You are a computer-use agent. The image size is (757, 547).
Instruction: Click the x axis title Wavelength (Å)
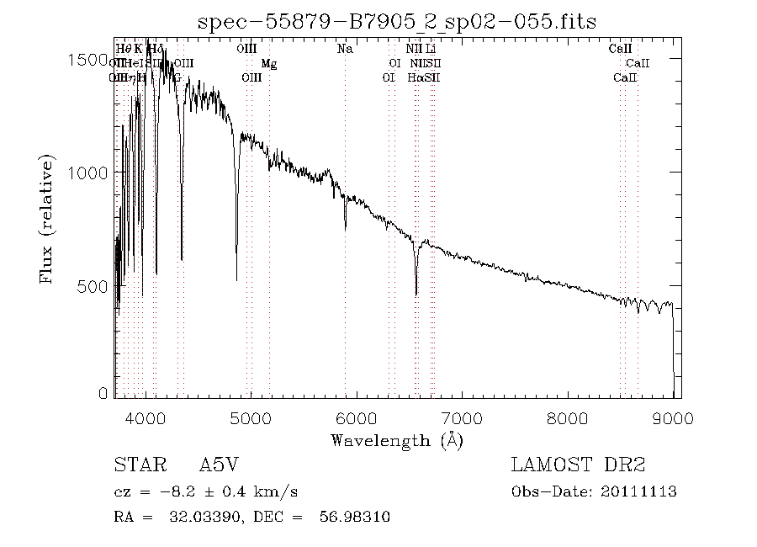(397, 439)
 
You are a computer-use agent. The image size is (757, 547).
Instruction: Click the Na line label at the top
(345, 49)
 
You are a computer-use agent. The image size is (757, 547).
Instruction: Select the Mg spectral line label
(268, 63)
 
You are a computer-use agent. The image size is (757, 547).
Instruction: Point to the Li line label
(431, 49)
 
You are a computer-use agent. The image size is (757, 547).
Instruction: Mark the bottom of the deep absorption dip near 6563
(416, 294)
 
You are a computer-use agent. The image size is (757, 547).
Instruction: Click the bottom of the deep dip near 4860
(236, 279)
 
